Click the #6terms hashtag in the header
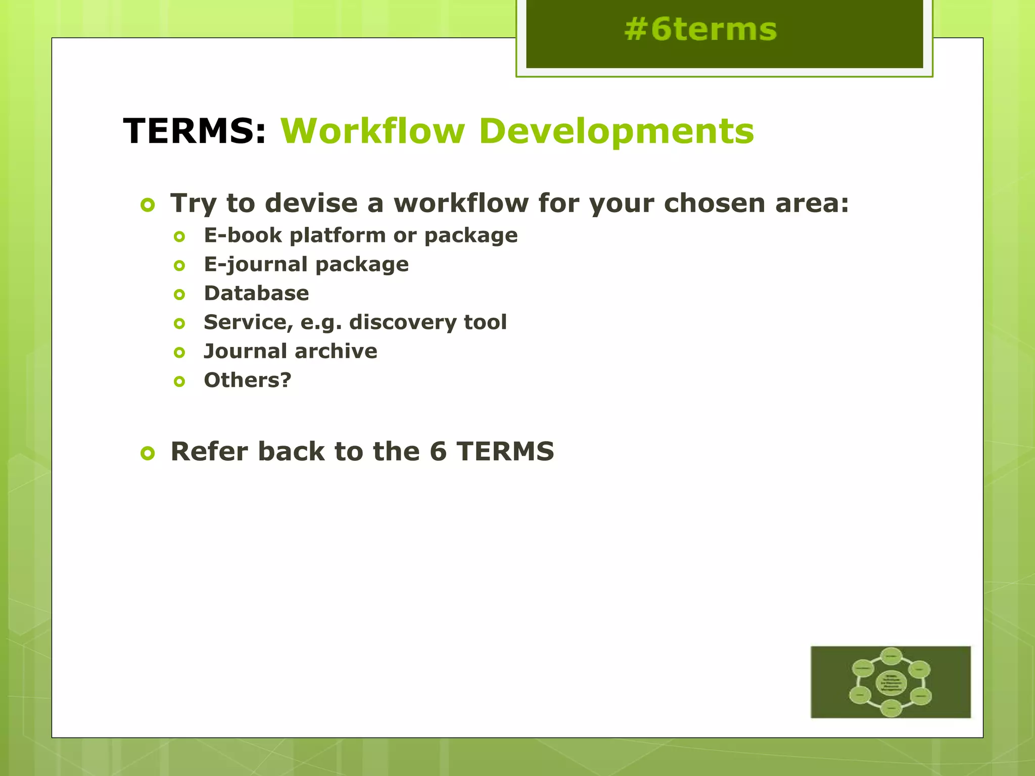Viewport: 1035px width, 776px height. click(x=700, y=29)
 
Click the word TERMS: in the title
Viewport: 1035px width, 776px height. click(x=195, y=131)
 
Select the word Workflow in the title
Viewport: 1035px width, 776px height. click(x=372, y=131)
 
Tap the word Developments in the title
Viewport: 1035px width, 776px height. click(x=616, y=131)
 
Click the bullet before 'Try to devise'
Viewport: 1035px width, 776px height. click(x=148, y=206)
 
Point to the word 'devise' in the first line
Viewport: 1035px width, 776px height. click(x=311, y=203)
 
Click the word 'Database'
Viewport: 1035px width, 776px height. click(x=256, y=294)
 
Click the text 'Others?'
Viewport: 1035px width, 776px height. click(x=248, y=380)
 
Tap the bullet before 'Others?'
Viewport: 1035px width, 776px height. click(x=179, y=381)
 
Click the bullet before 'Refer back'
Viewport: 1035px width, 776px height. click(x=148, y=454)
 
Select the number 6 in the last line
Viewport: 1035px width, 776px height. click(x=438, y=452)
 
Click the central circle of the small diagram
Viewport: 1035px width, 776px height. click(x=890, y=683)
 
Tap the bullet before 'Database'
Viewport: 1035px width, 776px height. click(x=179, y=295)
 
